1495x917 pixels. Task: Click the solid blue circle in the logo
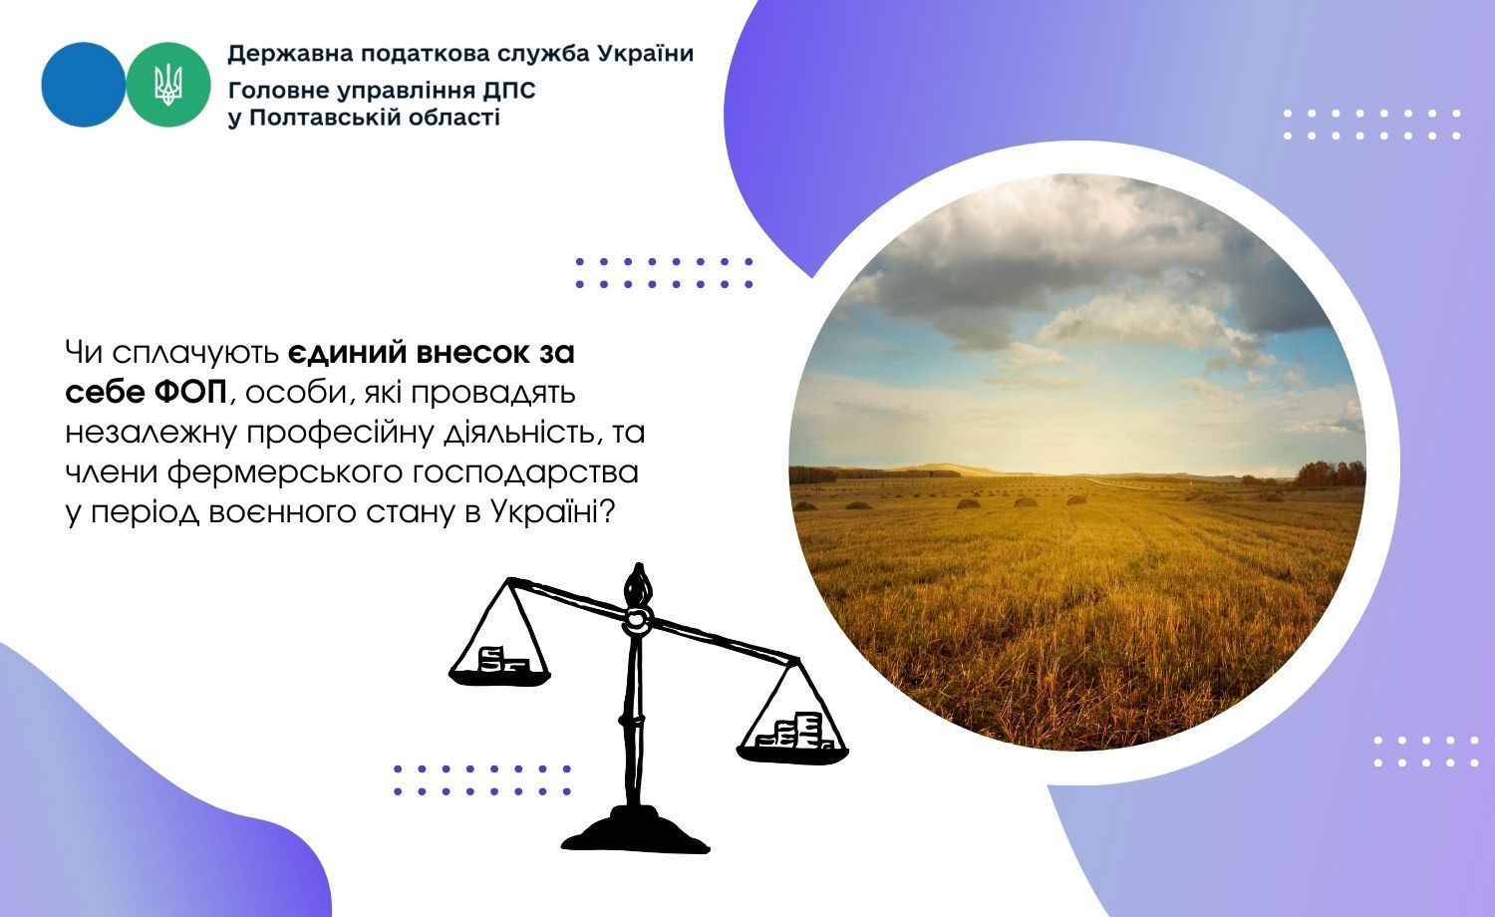coord(84,85)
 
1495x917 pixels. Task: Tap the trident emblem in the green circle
coord(168,85)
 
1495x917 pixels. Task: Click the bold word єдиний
coord(347,353)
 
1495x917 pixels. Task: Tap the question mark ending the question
coord(607,512)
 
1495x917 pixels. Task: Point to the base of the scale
coord(636,831)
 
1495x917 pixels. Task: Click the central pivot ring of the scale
coord(636,620)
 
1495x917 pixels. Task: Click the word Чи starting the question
coord(84,353)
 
